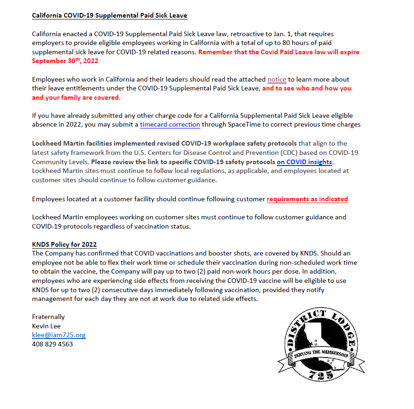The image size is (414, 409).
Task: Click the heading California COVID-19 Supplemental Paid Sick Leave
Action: coord(109,16)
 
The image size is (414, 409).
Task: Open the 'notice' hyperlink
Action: coord(277,79)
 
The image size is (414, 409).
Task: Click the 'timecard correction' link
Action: coord(170,124)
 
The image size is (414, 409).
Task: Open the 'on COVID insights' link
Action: coord(304,162)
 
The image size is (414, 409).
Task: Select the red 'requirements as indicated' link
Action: coord(307,199)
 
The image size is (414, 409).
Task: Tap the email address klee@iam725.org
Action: coord(58,335)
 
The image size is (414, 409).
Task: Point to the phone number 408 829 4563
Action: coord(52,344)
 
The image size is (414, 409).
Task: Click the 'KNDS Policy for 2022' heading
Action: coord(64,244)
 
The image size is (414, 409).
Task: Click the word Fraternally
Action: coord(48,317)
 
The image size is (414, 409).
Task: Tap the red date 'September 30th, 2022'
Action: coord(65,61)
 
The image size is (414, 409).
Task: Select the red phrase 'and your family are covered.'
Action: coord(76,97)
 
